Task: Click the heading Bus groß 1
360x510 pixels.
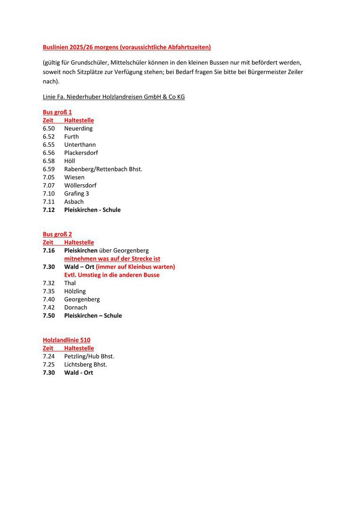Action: [x=57, y=112]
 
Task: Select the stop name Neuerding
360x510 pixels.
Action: [x=78, y=128]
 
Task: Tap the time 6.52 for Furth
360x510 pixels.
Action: [x=49, y=136]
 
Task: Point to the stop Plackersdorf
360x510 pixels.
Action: [x=81, y=153]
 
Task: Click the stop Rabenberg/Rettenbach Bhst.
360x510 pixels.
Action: [x=103, y=169]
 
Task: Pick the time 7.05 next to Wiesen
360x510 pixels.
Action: [x=49, y=177]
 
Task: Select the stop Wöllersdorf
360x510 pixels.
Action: [x=80, y=185]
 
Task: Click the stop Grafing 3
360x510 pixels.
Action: [x=76, y=194]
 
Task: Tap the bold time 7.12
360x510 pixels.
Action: [x=49, y=210]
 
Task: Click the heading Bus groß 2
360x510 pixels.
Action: [x=57, y=234]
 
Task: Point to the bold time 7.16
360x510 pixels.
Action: [x=49, y=250]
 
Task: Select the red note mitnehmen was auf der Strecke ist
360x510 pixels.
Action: [x=112, y=259]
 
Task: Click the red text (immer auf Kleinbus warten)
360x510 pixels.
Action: [x=135, y=267]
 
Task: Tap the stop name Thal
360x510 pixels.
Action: [x=70, y=283]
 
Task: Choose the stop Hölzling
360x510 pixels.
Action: [x=75, y=291]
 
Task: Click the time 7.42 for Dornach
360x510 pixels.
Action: [x=49, y=307]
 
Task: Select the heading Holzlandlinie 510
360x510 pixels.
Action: [x=67, y=340]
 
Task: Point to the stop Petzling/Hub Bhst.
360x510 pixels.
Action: [x=89, y=357]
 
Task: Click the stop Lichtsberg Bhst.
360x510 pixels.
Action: [x=85, y=365]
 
